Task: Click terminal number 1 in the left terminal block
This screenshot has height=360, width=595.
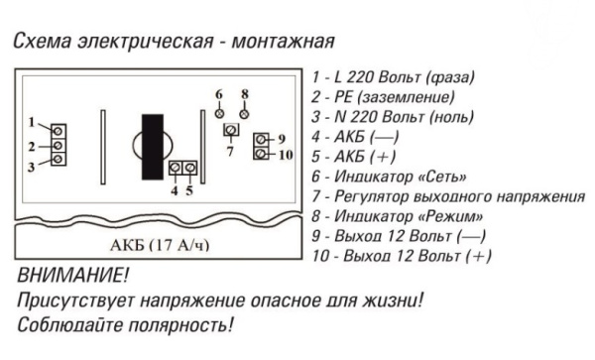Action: click(x=59, y=131)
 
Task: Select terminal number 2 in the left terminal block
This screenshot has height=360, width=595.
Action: click(x=59, y=145)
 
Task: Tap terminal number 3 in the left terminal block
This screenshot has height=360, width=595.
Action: click(x=59, y=159)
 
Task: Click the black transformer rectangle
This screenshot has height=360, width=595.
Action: click(x=152, y=148)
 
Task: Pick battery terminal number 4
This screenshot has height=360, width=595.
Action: click(x=176, y=169)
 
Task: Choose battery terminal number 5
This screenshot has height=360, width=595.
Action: click(x=188, y=169)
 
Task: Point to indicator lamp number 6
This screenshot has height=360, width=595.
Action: click(x=219, y=111)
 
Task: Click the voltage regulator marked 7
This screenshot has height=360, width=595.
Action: click(x=230, y=132)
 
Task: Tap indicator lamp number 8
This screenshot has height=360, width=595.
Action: click(x=244, y=111)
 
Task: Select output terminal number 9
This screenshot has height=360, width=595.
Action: click(x=261, y=140)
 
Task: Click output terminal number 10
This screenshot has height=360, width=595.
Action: click(x=261, y=153)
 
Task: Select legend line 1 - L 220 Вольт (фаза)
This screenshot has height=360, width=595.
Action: click(x=392, y=77)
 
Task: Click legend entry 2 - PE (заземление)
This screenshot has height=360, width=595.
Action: click(x=383, y=97)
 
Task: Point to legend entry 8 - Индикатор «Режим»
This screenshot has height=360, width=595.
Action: click(x=397, y=216)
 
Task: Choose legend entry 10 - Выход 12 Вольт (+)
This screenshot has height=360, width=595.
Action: click(x=401, y=256)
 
